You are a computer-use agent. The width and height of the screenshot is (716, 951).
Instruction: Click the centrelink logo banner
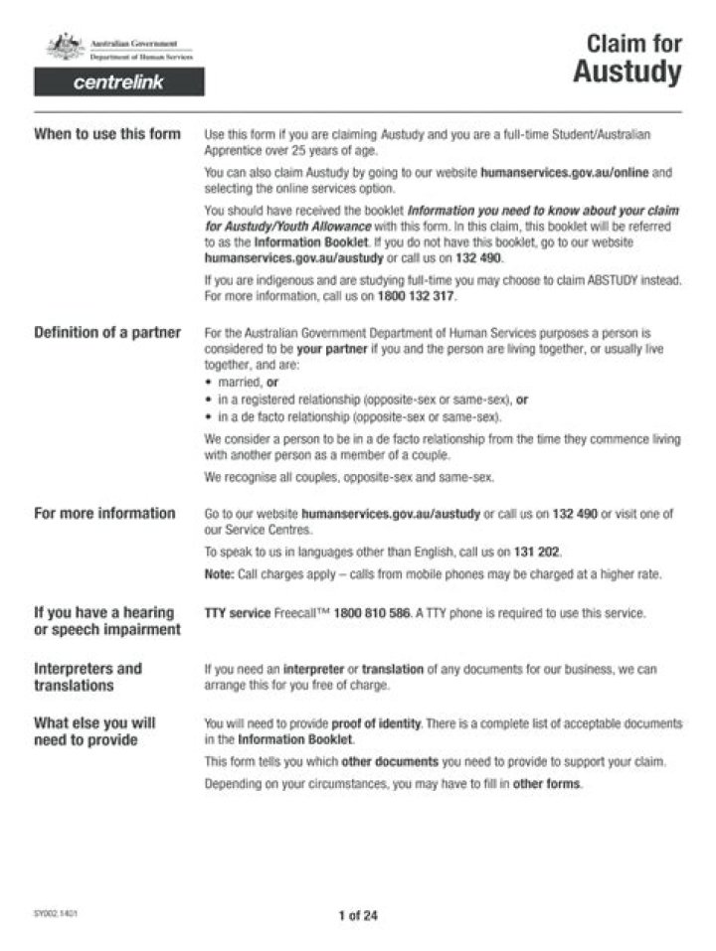(119, 82)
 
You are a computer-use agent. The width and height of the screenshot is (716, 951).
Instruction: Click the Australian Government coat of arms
(66, 46)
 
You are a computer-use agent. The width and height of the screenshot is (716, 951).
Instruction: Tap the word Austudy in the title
(626, 73)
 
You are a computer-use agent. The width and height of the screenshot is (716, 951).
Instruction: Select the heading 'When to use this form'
(107, 135)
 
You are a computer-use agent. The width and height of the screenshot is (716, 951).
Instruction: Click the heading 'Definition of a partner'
(107, 332)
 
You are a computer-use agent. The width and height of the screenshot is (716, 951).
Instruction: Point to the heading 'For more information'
(104, 514)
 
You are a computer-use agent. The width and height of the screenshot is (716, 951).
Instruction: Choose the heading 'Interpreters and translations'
(88, 677)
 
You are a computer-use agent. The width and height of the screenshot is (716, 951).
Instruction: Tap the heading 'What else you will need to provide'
(94, 731)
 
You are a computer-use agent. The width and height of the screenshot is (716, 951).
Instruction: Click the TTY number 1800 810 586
(372, 613)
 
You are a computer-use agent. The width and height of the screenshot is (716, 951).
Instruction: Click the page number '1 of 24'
(358, 916)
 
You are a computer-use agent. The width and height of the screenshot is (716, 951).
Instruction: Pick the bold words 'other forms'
(546, 784)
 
